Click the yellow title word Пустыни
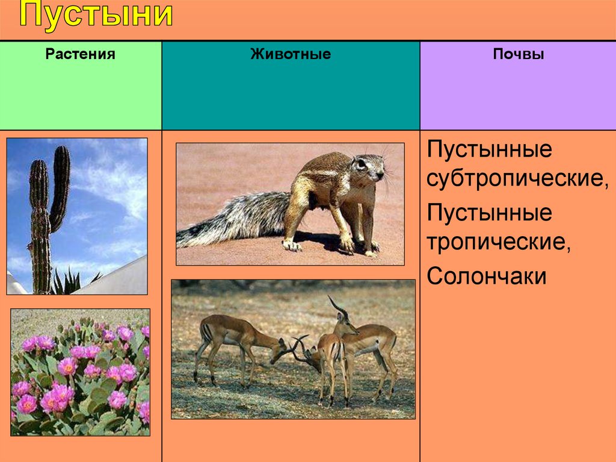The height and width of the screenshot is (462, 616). (x=96, y=15)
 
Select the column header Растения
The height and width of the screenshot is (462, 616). (x=80, y=54)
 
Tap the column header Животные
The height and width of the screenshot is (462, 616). (x=291, y=54)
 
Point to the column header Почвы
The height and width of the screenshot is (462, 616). (x=519, y=54)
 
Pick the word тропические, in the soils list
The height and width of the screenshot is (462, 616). (x=499, y=242)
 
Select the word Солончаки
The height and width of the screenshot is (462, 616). (x=486, y=275)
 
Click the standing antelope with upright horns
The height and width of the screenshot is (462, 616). (x=365, y=346)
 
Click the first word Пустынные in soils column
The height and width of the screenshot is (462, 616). (x=490, y=150)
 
